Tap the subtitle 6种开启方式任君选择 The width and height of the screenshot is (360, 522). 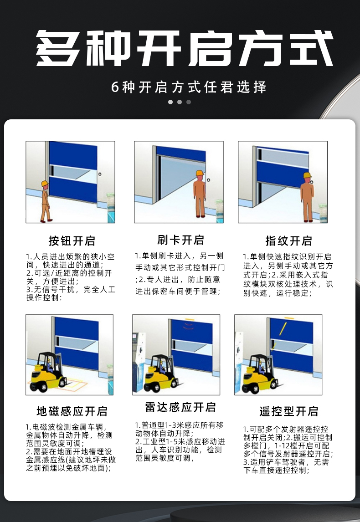189,87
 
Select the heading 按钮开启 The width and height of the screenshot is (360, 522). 72,241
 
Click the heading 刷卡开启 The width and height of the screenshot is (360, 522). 180,240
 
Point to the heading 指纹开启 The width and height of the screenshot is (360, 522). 288,241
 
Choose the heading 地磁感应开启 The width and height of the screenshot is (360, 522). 72,411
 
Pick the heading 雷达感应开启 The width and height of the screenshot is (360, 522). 180,407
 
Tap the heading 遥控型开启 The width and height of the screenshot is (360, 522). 288,411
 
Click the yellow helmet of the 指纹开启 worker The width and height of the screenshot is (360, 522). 307,176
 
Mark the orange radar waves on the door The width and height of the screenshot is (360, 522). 188,326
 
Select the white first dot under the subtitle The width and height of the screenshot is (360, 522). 170,102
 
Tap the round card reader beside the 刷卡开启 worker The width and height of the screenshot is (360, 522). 208,180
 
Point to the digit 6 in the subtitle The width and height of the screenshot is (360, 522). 115,87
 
